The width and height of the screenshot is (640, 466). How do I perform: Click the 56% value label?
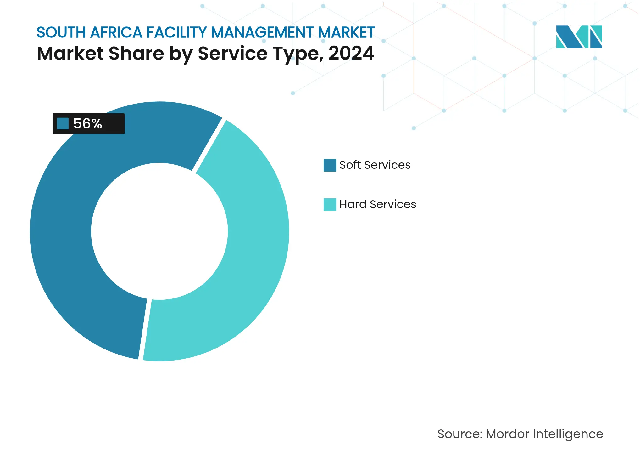[x=87, y=124]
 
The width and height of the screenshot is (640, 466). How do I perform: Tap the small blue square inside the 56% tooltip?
[x=63, y=124]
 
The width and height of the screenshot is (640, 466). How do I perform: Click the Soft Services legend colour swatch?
[x=330, y=165]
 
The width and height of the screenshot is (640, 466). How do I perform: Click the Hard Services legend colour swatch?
[x=330, y=205]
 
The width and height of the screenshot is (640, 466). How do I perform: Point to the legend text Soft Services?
[x=375, y=165]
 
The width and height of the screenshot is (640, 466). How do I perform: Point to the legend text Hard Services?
[x=378, y=204]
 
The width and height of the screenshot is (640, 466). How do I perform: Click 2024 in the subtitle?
[x=351, y=53]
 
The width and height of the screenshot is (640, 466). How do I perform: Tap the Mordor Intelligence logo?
[x=579, y=37]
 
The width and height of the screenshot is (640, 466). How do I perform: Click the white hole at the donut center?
[x=159, y=231]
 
